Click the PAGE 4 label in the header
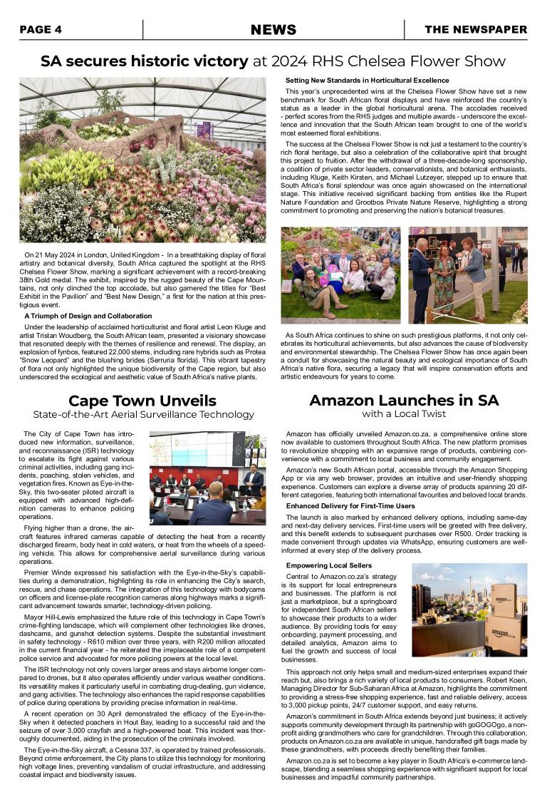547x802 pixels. tap(41, 29)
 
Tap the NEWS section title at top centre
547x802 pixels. tap(273, 29)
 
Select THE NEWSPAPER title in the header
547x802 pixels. tap(476, 29)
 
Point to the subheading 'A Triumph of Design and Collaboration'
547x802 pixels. tap(88, 316)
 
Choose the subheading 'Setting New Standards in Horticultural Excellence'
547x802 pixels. tap(367, 81)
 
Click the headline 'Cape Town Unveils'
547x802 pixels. tap(142, 400)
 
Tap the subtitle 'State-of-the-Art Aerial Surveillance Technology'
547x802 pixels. tap(142, 414)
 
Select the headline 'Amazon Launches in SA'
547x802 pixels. tap(404, 400)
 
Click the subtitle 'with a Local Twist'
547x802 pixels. tap(404, 414)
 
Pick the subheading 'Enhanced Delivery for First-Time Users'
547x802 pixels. tap(350, 506)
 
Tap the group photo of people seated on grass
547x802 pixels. tap(341, 274)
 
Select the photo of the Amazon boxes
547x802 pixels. tap(469, 610)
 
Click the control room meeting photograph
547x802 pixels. tap(207, 478)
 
